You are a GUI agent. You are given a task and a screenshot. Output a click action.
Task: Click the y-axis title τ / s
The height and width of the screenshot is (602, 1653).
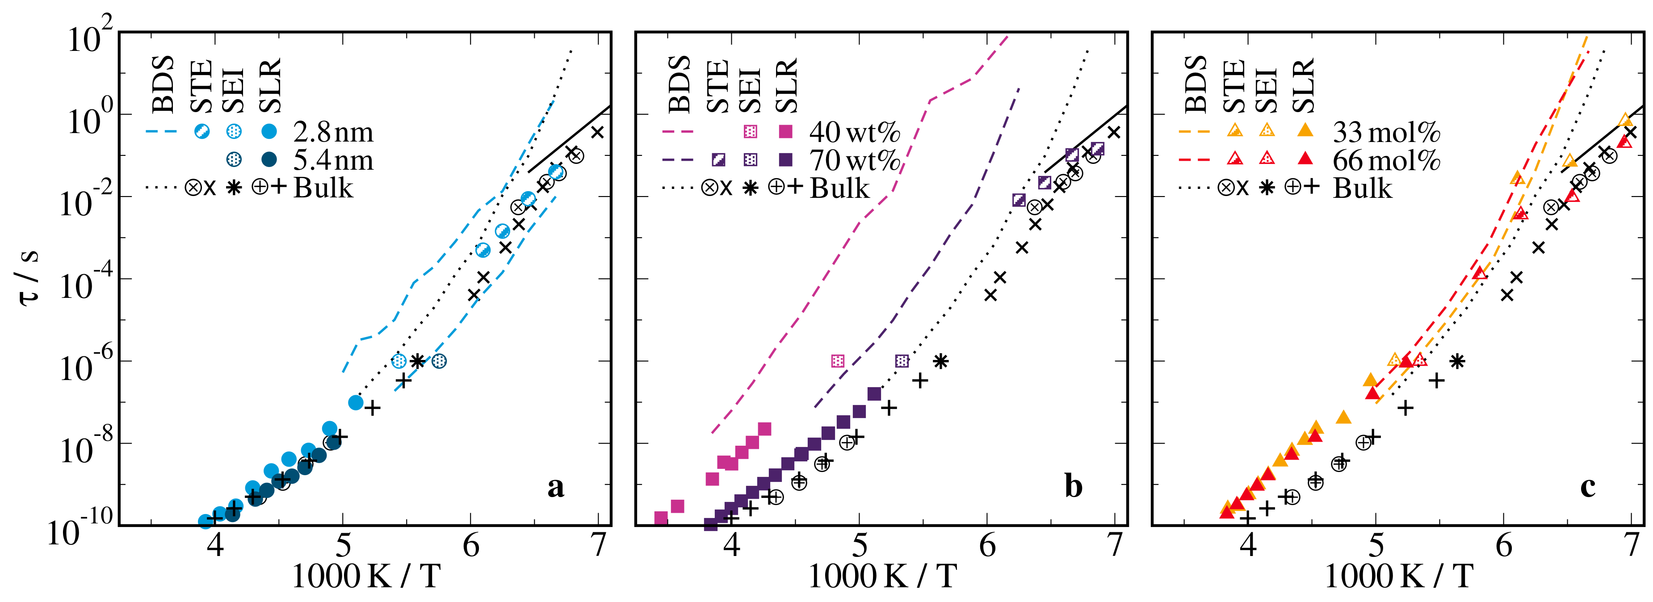29,277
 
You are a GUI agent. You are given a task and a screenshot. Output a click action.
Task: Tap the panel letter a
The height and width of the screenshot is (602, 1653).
556,486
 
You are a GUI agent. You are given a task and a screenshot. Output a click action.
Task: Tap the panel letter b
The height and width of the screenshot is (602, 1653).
1074,486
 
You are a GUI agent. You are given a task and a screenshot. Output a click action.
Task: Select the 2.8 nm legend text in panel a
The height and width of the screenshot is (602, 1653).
333,132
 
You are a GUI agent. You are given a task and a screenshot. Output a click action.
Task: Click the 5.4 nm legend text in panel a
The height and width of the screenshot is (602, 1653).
333,160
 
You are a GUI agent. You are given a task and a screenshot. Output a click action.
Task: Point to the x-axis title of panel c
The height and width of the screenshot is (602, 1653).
1399,576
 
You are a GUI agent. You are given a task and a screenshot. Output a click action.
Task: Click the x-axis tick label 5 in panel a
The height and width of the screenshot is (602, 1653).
343,546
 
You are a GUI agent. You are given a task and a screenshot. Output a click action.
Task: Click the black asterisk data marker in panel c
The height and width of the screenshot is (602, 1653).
1457,361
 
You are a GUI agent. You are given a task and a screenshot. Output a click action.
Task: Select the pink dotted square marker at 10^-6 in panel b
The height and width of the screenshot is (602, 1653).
837,361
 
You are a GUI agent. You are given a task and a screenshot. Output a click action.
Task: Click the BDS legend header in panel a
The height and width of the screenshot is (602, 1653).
164,84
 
